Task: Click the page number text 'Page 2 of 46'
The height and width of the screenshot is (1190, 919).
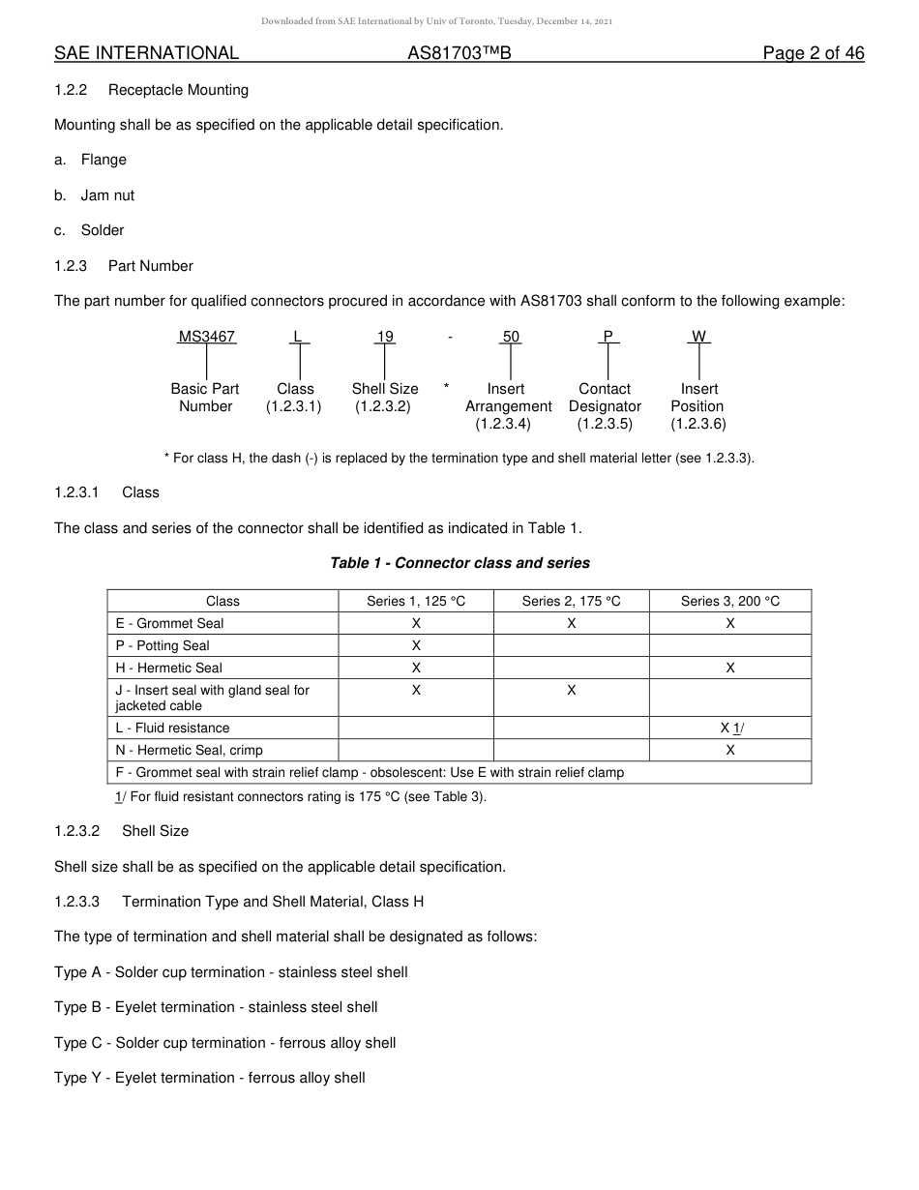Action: [x=813, y=53]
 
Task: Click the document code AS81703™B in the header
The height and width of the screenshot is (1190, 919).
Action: [x=459, y=53]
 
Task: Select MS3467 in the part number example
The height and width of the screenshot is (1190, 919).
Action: [x=206, y=337]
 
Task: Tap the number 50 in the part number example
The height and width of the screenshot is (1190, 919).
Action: [x=511, y=337]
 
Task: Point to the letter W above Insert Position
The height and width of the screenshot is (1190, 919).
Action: [x=698, y=337]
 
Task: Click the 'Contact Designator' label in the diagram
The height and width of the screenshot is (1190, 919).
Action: [x=605, y=398]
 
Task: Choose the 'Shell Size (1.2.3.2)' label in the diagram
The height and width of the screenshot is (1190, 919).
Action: [x=384, y=398]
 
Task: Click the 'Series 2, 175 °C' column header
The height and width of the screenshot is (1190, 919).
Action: [x=571, y=601]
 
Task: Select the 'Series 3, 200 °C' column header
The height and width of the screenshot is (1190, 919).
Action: [x=729, y=601]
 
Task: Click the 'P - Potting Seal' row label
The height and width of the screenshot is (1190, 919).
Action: [x=162, y=645]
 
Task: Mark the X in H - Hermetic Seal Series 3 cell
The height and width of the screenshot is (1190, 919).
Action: [x=729, y=668]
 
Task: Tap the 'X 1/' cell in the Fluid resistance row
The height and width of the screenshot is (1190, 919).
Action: [x=731, y=728]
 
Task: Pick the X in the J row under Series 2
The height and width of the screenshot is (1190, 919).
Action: [x=571, y=690]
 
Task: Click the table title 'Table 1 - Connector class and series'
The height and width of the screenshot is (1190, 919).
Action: [x=459, y=563]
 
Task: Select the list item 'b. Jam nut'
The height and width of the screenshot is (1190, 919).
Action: [x=95, y=195]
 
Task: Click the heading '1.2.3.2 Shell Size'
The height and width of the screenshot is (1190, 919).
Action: [x=122, y=831]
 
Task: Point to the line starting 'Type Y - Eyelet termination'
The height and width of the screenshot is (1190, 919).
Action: [x=210, y=1078]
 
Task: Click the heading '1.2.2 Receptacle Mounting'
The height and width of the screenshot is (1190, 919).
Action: [x=152, y=90]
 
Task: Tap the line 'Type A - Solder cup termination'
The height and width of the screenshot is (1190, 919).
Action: [x=230, y=972]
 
